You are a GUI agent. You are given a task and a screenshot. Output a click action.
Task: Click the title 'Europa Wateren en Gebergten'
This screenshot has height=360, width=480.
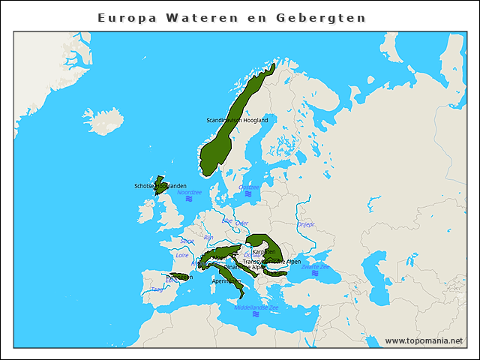232,16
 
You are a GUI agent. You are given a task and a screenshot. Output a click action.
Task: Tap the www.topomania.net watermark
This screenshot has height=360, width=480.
424,340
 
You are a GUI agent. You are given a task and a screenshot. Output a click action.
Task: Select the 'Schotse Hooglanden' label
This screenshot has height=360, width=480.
160,186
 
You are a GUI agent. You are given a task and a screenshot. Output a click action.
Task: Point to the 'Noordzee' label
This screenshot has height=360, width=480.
190,193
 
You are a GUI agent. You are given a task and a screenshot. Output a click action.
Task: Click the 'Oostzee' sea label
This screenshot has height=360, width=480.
249,187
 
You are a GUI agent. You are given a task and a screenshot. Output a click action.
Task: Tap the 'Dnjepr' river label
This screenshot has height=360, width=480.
306,223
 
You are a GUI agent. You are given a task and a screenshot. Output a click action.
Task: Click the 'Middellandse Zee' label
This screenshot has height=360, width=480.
256,307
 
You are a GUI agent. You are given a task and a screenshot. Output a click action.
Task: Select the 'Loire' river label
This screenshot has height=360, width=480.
182,255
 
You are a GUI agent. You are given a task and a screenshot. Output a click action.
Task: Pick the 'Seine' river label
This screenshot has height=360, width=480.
187,241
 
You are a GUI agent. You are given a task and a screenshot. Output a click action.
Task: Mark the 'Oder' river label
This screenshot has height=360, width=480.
241,223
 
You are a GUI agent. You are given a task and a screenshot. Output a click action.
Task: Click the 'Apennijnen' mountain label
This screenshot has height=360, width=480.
226,281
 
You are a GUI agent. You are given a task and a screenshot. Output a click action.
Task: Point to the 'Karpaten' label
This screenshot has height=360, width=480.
264,252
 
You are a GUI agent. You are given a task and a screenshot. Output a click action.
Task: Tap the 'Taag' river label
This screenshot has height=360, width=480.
156,289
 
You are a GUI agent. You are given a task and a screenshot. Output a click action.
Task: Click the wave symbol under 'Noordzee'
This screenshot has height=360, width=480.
190,200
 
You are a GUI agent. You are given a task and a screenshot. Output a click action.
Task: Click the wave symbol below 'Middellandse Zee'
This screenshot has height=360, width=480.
256,314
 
